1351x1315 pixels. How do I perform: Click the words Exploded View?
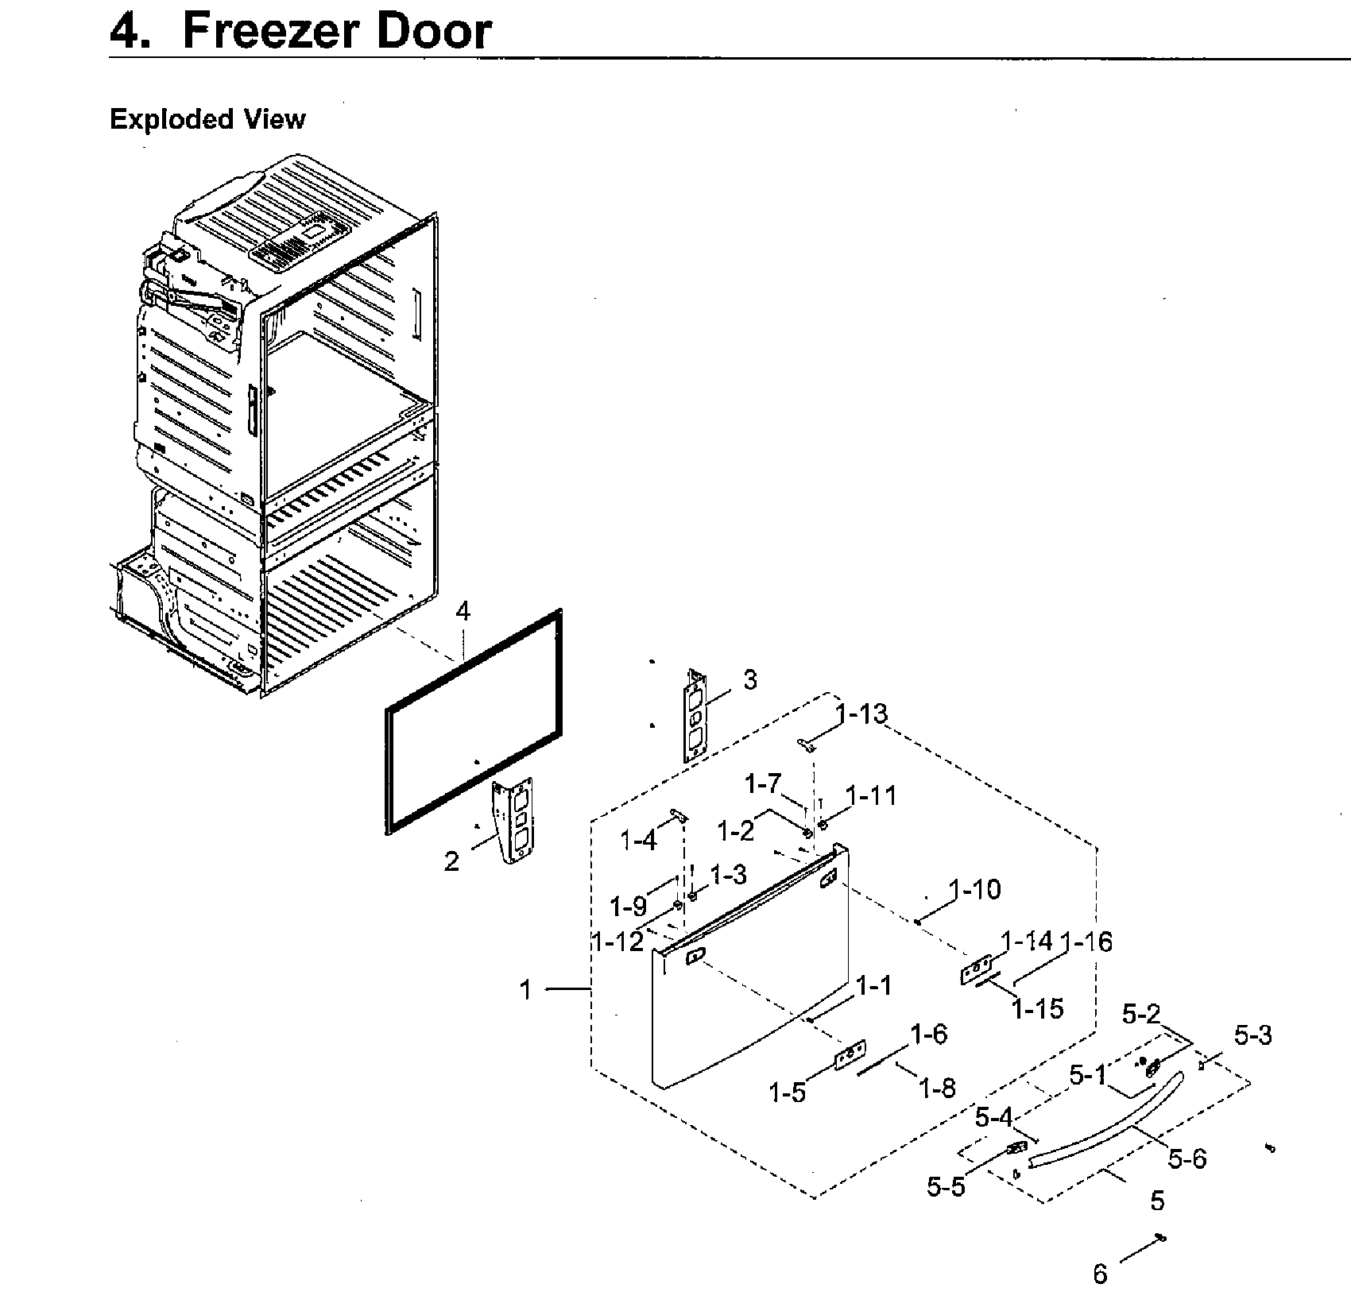coord(207,119)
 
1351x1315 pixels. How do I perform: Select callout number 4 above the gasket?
coord(463,611)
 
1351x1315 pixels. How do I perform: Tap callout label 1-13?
coord(861,714)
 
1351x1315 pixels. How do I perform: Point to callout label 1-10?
coord(976,889)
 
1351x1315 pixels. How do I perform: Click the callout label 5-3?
coord(1252,1035)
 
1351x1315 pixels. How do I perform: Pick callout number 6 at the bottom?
coord(1100,1274)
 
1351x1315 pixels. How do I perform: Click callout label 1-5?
coord(787,1093)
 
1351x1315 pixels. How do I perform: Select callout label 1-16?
coord(1086,942)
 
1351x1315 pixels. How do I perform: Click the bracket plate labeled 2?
coord(516,818)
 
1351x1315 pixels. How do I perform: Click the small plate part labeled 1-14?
coord(976,970)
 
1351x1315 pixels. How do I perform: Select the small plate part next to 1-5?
coord(850,1054)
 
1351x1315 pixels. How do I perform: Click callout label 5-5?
coord(946,1187)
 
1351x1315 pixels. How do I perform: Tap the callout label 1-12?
coord(617,942)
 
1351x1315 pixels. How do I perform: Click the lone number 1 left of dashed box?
coord(525,990)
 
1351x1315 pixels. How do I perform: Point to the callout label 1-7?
coord(763,784)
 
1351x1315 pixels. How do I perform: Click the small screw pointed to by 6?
coord(1161,1238)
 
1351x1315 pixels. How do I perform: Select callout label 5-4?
coord(994,1118)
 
